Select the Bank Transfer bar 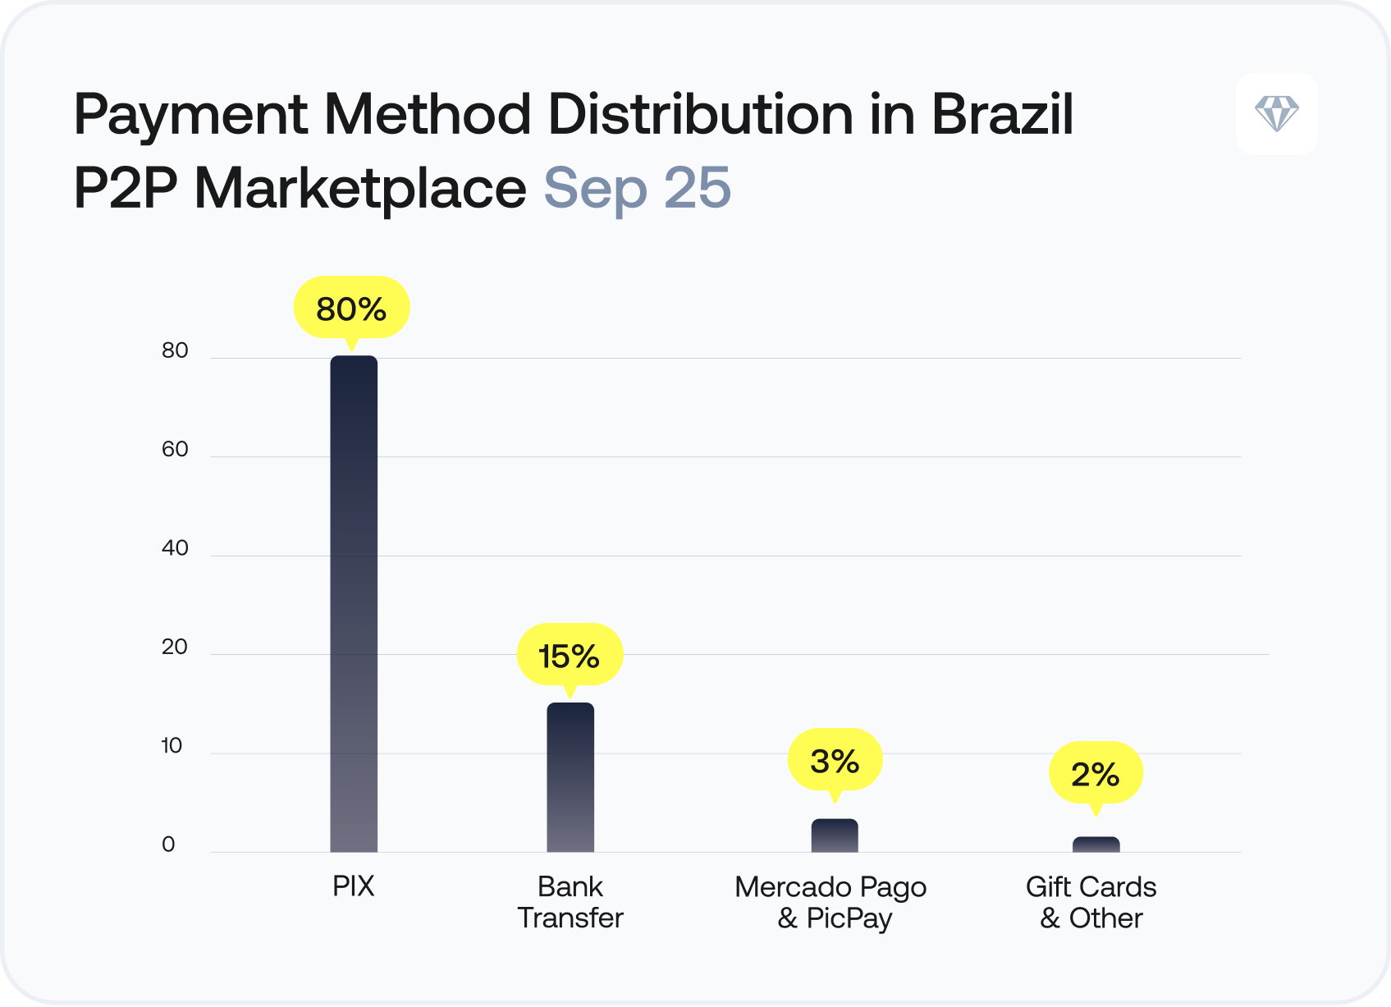570,776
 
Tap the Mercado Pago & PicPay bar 835,835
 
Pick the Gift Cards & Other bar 1096,845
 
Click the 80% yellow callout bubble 351,309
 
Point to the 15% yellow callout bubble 569,656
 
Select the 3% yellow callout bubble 835,761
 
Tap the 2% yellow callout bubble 1096,774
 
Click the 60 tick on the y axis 175,450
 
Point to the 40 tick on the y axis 175,548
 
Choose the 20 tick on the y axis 175,648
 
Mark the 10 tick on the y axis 172,746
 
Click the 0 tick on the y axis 168,845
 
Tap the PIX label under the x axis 354,886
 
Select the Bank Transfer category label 570,902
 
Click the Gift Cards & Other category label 1091,902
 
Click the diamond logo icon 1277,113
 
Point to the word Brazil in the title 1002,115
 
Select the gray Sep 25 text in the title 637,189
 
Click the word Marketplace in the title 360,189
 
